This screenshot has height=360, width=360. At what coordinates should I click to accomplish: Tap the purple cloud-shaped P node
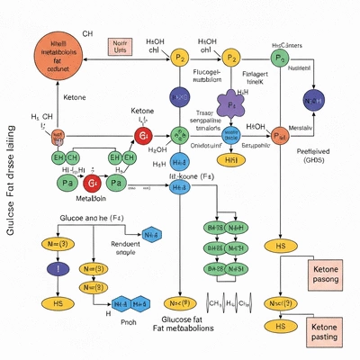231,101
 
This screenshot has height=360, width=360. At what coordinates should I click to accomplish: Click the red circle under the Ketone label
142,135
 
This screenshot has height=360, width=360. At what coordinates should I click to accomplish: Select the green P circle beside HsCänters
281,57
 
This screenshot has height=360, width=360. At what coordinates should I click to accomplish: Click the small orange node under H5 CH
58,136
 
